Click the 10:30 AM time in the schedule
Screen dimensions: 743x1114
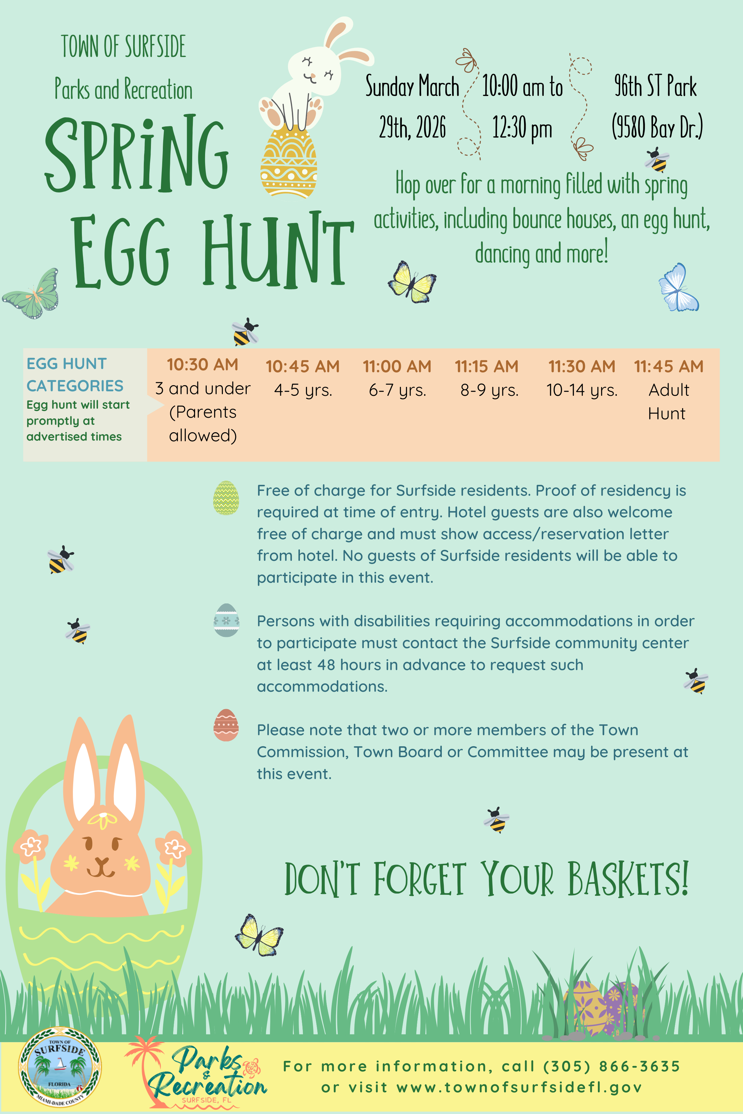click(202, 365)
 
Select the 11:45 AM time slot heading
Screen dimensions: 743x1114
click(669, 366)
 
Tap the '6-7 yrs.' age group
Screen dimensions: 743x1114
click(398, 390)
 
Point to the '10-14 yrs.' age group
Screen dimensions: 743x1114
click(582, 390)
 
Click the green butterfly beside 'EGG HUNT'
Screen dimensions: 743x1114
click(31, 294)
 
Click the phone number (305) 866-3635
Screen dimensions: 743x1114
click(612, 1066)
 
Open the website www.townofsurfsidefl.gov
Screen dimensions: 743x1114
click(519, 1088)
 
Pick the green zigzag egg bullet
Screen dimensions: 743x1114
click(226, 497)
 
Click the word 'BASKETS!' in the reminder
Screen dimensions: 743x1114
click(628, 879)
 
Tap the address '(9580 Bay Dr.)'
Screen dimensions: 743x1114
click(657, 127)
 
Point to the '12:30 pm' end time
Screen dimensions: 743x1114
click(522, 128)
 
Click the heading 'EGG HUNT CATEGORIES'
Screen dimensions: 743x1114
click(75, 375)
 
